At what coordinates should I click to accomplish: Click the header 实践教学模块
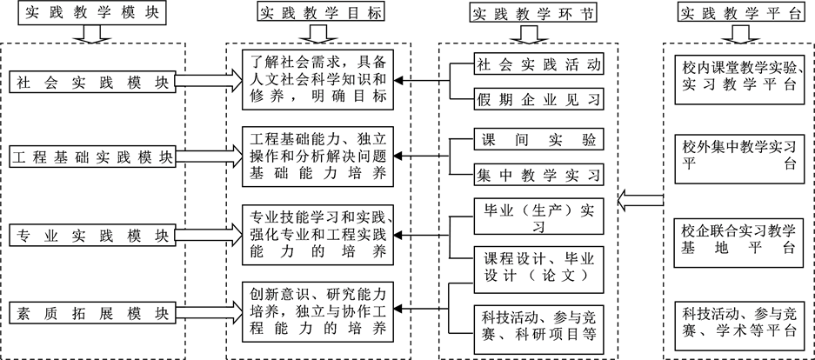(x=91, y=12)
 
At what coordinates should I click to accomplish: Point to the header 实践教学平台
(x=739, y=12)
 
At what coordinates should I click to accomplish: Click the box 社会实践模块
(x=91, y=82)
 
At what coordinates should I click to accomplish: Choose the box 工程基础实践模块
(x=91, y=158)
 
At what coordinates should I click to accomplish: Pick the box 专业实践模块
(x=91, y=236)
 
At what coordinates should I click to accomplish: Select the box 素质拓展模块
(x=91, y=311)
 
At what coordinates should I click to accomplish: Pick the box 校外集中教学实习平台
(x=739, y=155)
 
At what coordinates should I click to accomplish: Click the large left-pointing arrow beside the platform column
(x=643, y=203)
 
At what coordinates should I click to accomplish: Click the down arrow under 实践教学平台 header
(x=740, y=34)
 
